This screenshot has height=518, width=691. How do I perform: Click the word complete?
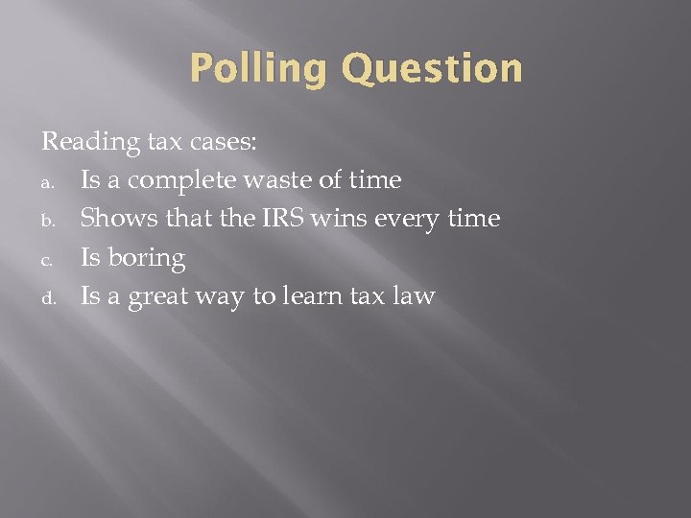pyautogui.click(x=178, y=181)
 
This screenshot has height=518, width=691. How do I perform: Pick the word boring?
pyautogui.click(x=146, y=259)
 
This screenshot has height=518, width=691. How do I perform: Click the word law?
pyautogui.click(x=414, y=296)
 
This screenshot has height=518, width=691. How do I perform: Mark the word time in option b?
pyautogui.click(x=476, y=219)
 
